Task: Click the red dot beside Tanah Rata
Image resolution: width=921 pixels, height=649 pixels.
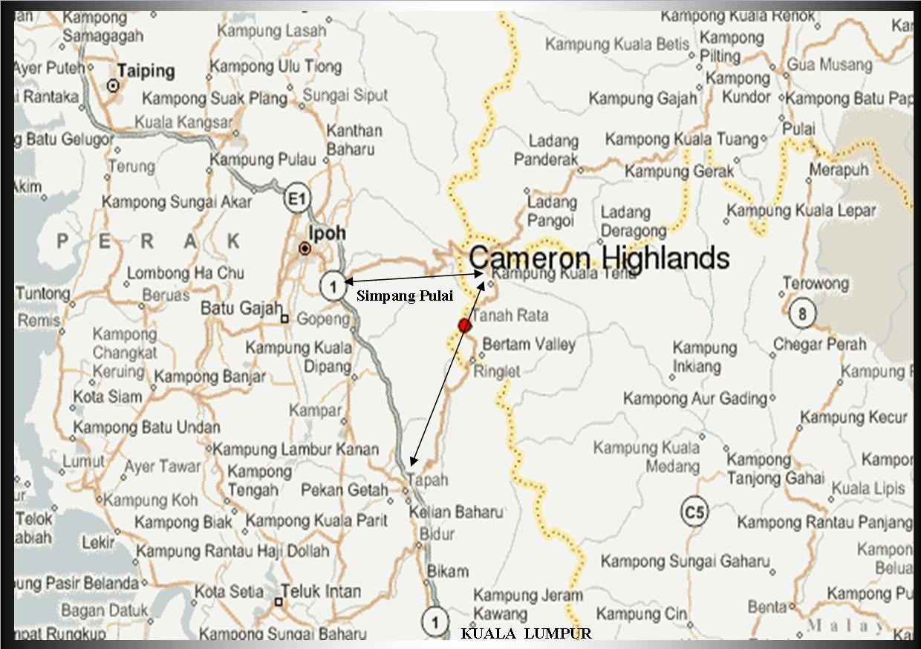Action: pos(465,325)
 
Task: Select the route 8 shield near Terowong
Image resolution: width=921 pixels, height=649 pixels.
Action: pos(802,313)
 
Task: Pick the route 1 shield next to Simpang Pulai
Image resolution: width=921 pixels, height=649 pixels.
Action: pos(333,285)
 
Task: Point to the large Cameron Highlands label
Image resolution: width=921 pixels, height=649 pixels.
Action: pos(599,258)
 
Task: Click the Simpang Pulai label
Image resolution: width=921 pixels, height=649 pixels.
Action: pos(405,296)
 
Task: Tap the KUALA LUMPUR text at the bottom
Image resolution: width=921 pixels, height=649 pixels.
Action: pos(526,633)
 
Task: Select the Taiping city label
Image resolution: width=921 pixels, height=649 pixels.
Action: pos(146,71)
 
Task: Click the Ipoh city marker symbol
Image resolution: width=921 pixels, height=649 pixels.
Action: pos(305,249)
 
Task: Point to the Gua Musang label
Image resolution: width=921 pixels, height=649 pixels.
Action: pos(830,65)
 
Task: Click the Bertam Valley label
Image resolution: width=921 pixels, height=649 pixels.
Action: pos(529,345)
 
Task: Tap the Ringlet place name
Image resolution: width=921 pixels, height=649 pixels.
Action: pos(497,371)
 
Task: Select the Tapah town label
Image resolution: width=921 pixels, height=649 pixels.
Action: pos(429,480)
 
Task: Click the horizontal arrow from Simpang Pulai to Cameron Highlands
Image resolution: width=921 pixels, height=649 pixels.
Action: pos(414,278)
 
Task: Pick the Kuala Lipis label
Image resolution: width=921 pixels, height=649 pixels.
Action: pos(868,489)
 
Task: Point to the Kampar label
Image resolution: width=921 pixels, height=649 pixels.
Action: pos(326,410)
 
